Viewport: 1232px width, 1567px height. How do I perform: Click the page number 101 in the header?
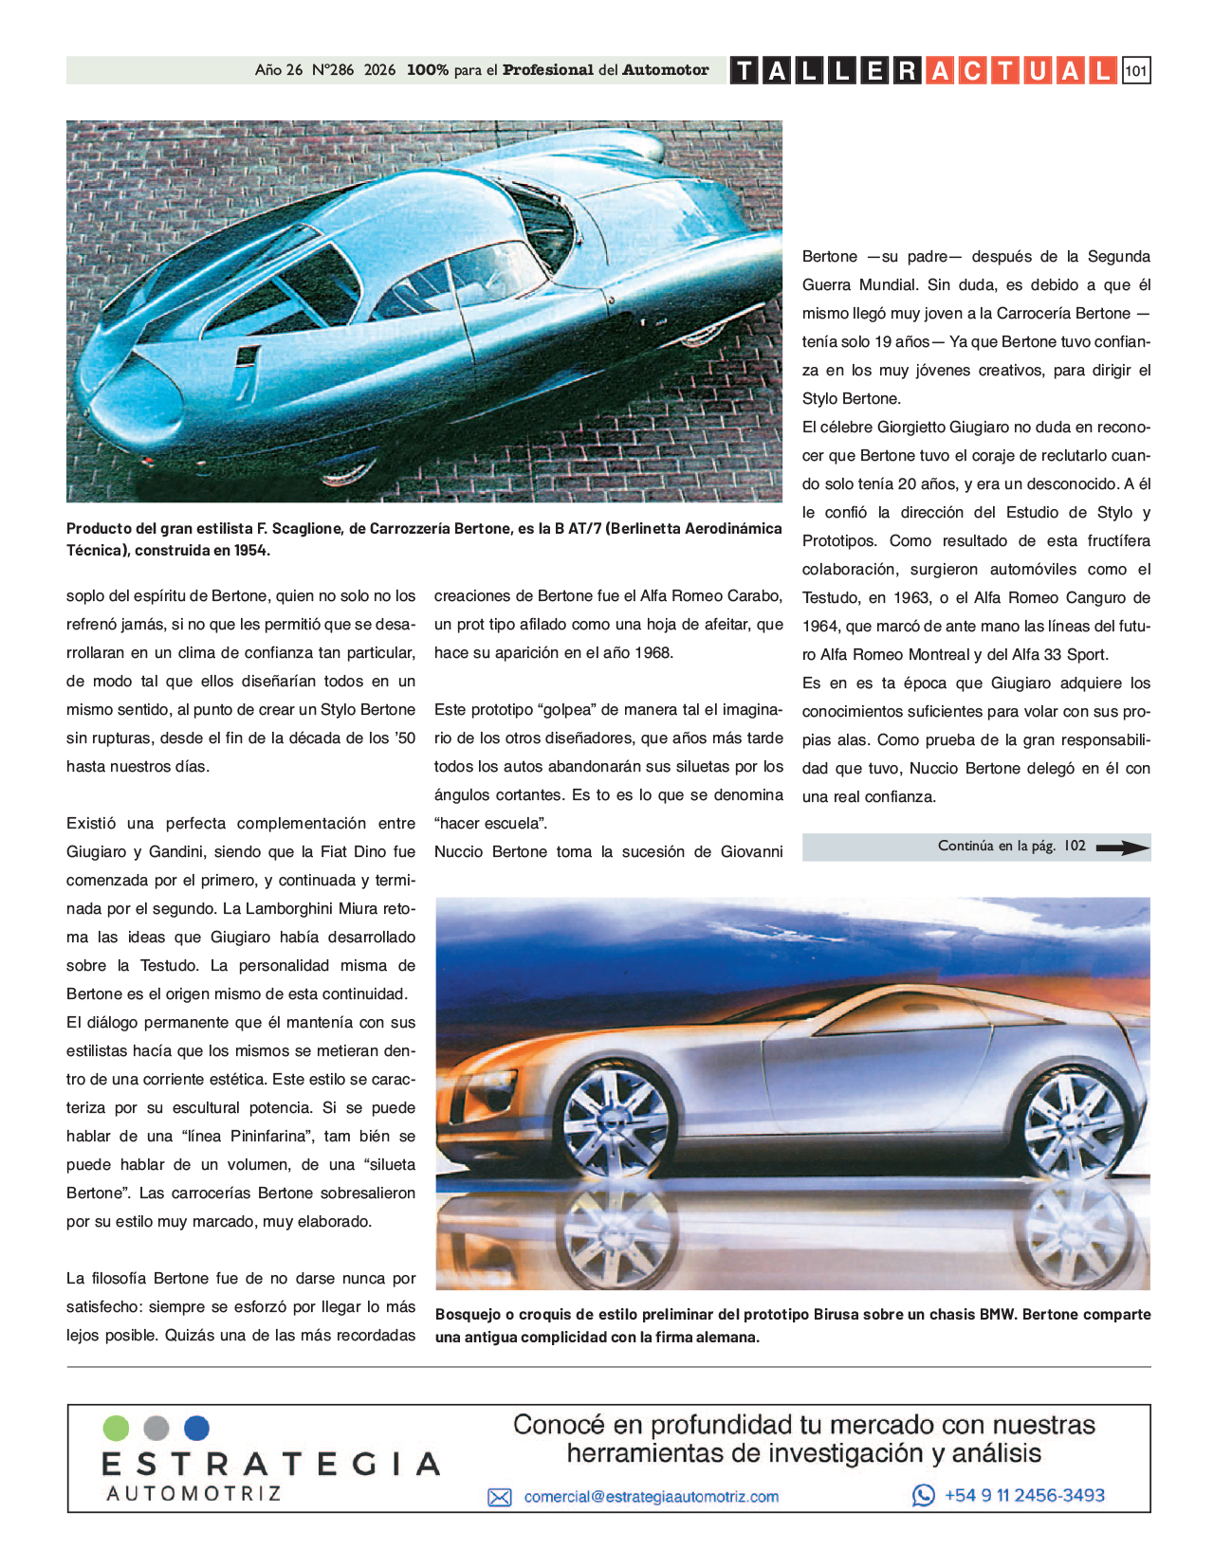pyautogui.click(x=1135, y=71)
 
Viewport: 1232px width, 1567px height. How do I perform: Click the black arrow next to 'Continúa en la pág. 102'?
pyautogui.click(x=1122, y=847)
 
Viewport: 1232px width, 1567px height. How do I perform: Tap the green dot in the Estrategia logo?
pyautogui.click(x=116, y=1428)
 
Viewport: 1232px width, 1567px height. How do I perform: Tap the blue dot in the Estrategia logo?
pyautogui.click(x=196, y=1428)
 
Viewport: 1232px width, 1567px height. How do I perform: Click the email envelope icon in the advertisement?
pyautogui.click(x=499, y=1497)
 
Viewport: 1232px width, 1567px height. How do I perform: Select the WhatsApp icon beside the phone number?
pyautogui.click(x=923, y=1495)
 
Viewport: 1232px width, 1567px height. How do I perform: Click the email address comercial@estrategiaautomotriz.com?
pyautogui.click(x=651, y=1497)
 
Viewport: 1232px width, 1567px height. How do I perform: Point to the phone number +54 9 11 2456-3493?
pyautogui.click(x=1024, y=1495)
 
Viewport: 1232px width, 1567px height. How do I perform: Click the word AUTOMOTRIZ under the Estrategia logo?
pyautogui.click(x=193, y=1494)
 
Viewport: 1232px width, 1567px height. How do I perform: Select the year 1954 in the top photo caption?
pyautogui.click(x=251, y=550)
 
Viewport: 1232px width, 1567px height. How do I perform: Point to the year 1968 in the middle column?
pyautogui.click(x=654, y=653)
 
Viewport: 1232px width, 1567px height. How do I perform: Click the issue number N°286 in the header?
pyautogui.click(x=332, y=70)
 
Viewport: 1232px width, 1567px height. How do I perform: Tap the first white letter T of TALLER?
pyautogui.click(x=745, y=71)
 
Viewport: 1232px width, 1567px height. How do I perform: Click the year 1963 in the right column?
pyautogui.click(x=911, y=598)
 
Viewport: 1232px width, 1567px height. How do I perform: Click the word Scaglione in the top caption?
pyautogui.click(x=304, y=529)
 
